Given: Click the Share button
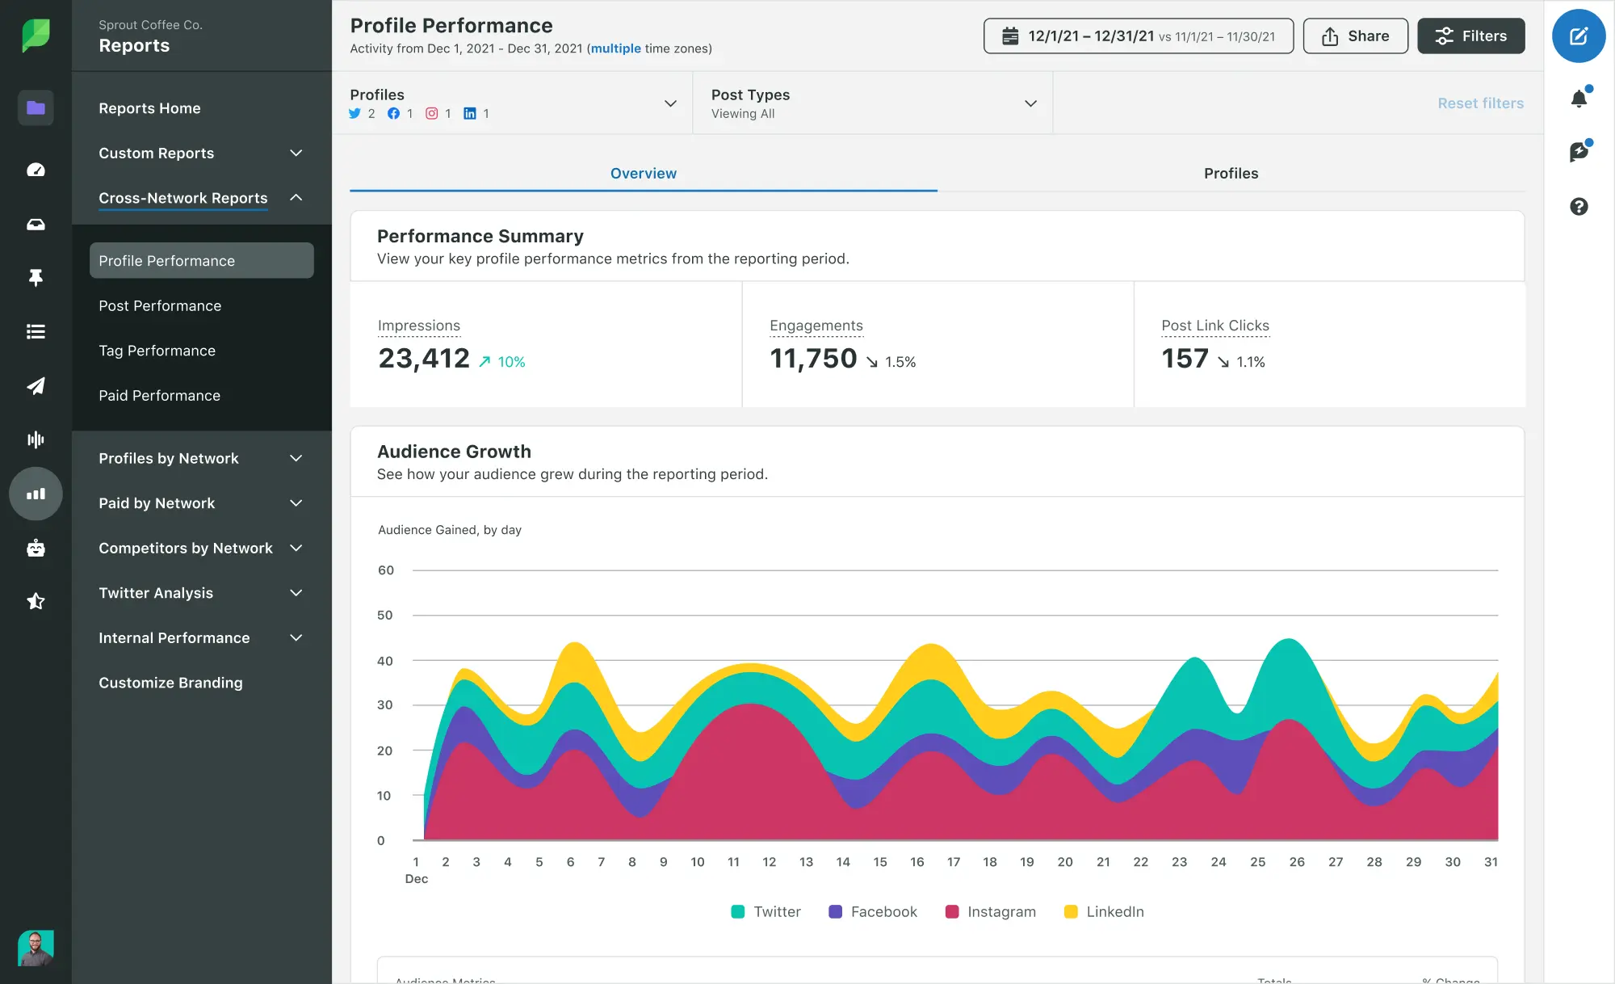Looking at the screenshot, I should (x=1355, y=36).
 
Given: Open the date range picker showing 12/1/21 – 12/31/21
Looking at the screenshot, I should (x=1138, y=36).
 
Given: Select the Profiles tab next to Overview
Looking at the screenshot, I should (x=1231, y=173).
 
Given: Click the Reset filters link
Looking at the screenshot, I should (x=1480, y=103).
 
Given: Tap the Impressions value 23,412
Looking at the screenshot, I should (x=424, y=359).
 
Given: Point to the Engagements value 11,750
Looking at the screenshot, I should (x=813, y=359).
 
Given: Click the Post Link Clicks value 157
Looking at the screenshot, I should (x=1185, y=359).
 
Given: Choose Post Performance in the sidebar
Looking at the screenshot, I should (x=160, y=305).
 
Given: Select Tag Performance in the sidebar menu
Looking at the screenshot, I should (x=157, y=351).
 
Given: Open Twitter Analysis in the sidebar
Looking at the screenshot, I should (x=156, y=593).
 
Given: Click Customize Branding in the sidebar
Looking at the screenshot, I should (x=170, y=683).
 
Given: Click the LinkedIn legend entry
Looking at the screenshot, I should (x=1105, y=911).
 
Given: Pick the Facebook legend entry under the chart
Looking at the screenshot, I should (x=874, y=911).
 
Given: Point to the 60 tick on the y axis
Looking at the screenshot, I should (x=386, y=570).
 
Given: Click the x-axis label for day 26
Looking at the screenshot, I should (x=1297, y=862).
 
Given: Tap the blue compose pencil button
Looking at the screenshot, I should (x=1578, y=36).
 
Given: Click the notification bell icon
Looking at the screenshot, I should (x=1579, y=99).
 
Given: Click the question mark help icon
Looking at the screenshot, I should (x=1579, y=207).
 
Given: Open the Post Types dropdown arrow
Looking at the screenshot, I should (x=1030, y=103).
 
